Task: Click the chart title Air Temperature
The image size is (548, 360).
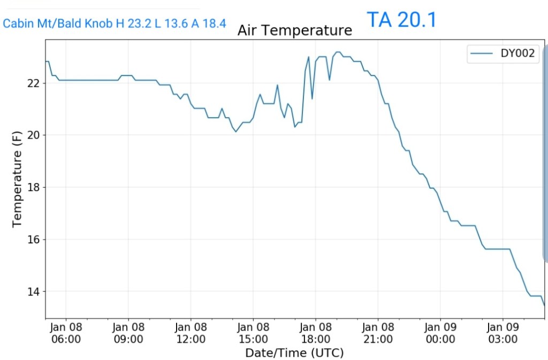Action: pyautogui.click(x=294, y=30)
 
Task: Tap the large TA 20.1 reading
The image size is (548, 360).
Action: pyautogui.click(x=401, y=20)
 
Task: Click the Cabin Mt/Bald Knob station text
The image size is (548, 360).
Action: pyautogui.click(x=115, y=24)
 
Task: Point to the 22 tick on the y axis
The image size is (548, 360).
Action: pyautogui.click(x=34, y=83)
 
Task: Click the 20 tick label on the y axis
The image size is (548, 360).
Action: pyautogui.click(x=34, y=135)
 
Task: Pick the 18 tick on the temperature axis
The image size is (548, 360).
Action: pyautogui.click(x=34, y=187)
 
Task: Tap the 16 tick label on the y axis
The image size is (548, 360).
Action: pyautogui.click(x=34, y=240)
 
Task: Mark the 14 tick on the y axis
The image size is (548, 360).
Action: pyautogui.click(x=34, y=292)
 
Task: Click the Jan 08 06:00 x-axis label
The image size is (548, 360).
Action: pyautogui.click(x=66, y=333)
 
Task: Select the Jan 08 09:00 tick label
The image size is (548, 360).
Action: pyautogui.click(x=128, y=333)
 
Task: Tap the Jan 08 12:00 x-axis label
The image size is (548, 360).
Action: pyautogui.click(x=191, y=333)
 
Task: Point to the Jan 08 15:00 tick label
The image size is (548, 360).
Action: pyautogui.click(x=253, y=333)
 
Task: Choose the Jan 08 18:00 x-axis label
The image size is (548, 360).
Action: pyautogui.click(x=315, y=333)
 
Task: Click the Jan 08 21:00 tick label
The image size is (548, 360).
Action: pyautogui.click(x=378, y=333)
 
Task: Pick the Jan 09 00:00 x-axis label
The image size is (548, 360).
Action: pyautogui.click(x=440, y=333)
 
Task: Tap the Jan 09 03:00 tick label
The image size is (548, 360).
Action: pyautogui.click(x=503, y=333)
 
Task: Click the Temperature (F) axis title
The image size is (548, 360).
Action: pyautogui.click(x=17, y=179)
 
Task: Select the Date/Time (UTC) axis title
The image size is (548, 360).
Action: pyautogui.click(x=294, y=353)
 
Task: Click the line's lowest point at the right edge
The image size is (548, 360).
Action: pyautogui.click(x=544, y=305)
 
